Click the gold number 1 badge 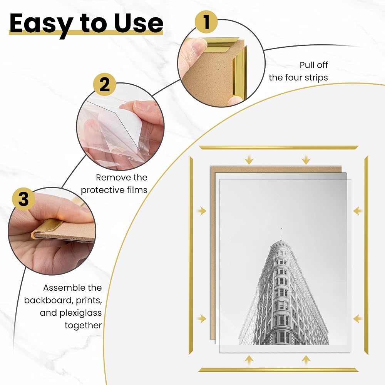[206, 22]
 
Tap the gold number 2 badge [105, 85]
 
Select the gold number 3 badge [23, 199]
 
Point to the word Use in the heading [139, 23]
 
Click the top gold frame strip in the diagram [278, 147]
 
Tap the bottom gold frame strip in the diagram [278, 370]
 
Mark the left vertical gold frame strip [191, 255]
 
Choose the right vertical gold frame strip [366, 255]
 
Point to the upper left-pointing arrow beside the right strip [358, 211]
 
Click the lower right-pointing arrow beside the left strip [202, 319]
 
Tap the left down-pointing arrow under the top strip [249, 160]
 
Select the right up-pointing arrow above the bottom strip [306, 360]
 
